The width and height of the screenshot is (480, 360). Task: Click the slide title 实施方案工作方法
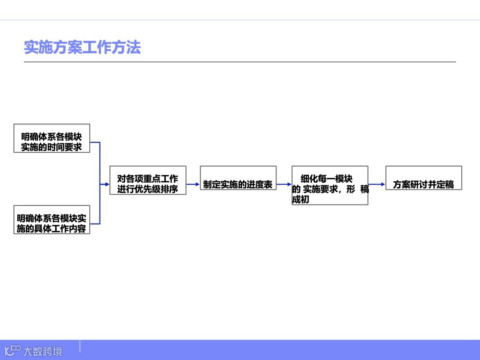[x=82, y=48]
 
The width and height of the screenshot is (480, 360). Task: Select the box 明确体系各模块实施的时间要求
[x=52, y=138]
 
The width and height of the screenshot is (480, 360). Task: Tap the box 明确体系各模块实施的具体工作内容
[x=52, y=220]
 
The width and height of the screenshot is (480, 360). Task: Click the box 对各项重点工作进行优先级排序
[x=148, y=180]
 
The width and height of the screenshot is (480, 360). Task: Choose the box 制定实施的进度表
[x=238, y=178]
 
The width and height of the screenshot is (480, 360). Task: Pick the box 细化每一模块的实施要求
[x=330, y=185]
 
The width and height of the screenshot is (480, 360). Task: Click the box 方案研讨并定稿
[x=424, y=178]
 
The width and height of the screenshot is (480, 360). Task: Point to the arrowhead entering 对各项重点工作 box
[x=107, y=184]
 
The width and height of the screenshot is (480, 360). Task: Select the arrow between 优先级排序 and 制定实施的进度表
[x=193, y=184]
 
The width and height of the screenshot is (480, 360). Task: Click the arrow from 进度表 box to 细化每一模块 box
[x=284, y=184]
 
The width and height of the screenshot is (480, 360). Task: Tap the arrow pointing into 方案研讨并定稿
[x=377, y=184]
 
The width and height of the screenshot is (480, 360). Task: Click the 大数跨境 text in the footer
[x=43, y=352]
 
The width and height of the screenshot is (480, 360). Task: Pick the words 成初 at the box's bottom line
[x=300, y=200]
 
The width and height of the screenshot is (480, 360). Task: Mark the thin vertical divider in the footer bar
[x=80, y=347]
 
